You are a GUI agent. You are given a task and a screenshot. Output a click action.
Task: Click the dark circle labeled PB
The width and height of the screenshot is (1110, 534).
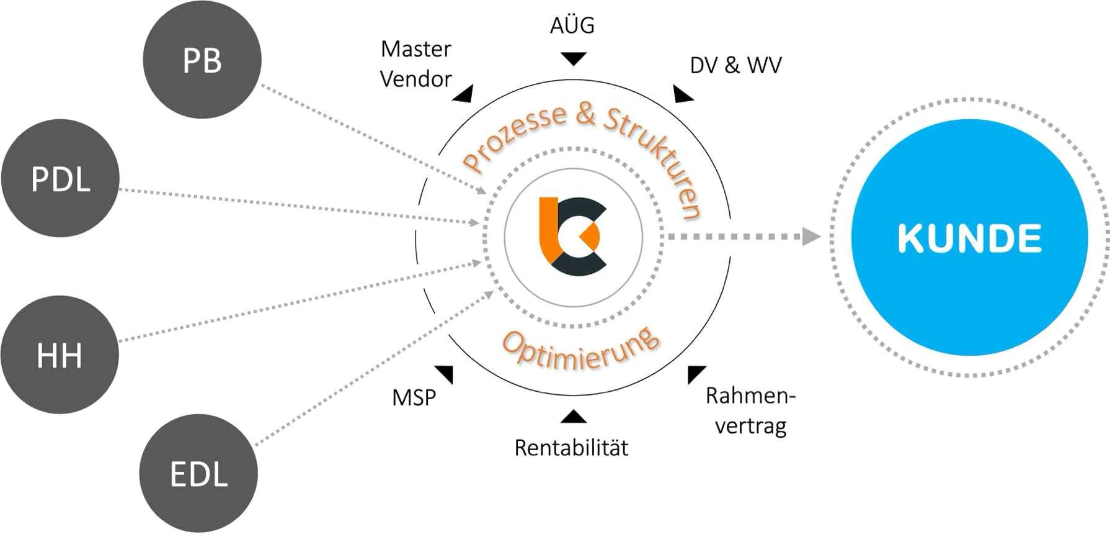click(202, 60)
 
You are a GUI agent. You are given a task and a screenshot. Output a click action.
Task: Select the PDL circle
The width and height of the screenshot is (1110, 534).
click(60, 178)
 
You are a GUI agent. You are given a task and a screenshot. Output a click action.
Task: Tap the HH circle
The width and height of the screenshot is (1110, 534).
click(60, 355)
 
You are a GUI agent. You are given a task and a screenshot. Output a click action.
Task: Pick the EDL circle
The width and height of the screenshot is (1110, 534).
click(198, 473)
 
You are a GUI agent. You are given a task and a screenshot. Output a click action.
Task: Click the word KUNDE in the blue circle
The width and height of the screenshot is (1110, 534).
click(969, 238)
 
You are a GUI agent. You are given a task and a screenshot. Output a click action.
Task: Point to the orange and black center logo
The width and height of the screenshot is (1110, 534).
click(572, 237)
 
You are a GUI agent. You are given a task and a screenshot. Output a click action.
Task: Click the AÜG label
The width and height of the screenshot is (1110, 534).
click(572, 25)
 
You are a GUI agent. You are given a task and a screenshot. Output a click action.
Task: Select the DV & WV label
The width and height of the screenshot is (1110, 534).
click(735, 65)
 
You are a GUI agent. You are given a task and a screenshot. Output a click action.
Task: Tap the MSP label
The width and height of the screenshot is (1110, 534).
click(414, 397)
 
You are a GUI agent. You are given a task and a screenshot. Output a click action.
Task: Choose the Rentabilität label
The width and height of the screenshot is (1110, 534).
click(571, 448)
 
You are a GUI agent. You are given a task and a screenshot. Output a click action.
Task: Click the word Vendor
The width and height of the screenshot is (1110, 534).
click(415, 79)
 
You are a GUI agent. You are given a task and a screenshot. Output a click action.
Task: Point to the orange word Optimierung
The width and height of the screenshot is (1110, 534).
click(580, 351)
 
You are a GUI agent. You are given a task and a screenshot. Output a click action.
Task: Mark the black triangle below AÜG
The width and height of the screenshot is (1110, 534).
click(573, 58)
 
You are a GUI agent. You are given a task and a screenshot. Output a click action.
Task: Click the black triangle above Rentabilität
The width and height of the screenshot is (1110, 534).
click(573, 417)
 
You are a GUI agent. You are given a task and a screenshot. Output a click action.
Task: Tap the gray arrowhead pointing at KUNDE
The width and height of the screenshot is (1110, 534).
click(810, 237)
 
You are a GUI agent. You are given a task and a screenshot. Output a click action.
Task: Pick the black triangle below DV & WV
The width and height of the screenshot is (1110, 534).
click(682, 94)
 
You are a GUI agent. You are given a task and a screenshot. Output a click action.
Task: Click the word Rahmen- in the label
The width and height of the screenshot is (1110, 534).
click(750, 396)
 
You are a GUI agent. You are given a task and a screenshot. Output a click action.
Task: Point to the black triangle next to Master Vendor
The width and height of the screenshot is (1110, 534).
click(464, 94)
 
